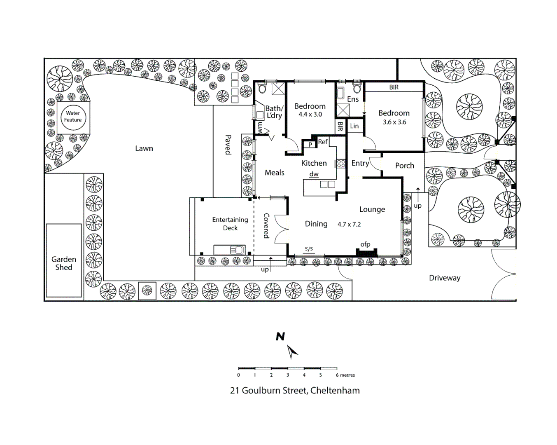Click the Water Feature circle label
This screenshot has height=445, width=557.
pos(73,117)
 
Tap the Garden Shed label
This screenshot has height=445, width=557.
pos(64,263)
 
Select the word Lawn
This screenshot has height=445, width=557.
pos(144,148)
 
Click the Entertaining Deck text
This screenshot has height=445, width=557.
pos(230,224)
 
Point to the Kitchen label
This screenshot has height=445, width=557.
pos(314,163)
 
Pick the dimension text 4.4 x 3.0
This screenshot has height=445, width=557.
pos(310,115)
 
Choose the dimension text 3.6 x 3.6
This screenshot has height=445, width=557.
pos(394,122)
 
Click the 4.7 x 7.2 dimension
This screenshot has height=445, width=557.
pos(349,224)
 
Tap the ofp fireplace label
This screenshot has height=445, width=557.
pos(365,244)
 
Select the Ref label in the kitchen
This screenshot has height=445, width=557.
pos(323,142)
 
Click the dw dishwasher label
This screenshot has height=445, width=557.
pos(314,174)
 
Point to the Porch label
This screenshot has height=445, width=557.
pos(405,166)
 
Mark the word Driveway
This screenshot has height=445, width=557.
pos(445,278)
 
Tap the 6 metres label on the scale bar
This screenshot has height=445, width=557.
pos(345,375)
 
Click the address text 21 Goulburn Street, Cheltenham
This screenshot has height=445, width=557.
pos(295,391)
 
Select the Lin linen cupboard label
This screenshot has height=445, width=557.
pos(354,126)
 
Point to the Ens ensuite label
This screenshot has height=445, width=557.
pos(353,99)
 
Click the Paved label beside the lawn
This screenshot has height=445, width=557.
pos(228,145)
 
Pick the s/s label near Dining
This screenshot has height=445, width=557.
pos(309,248)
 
